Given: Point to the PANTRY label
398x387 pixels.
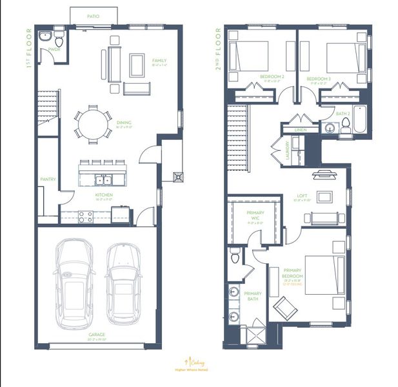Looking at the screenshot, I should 48,179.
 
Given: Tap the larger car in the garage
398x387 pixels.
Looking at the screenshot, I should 74,282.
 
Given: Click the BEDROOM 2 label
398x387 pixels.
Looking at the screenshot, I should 272,77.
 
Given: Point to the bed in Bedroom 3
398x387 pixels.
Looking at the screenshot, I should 346,57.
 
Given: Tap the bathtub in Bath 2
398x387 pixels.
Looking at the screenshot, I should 359,119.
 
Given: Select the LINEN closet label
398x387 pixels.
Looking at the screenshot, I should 301,130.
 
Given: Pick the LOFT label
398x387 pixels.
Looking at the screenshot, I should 302,196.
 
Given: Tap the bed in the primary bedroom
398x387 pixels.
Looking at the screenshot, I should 324,275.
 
